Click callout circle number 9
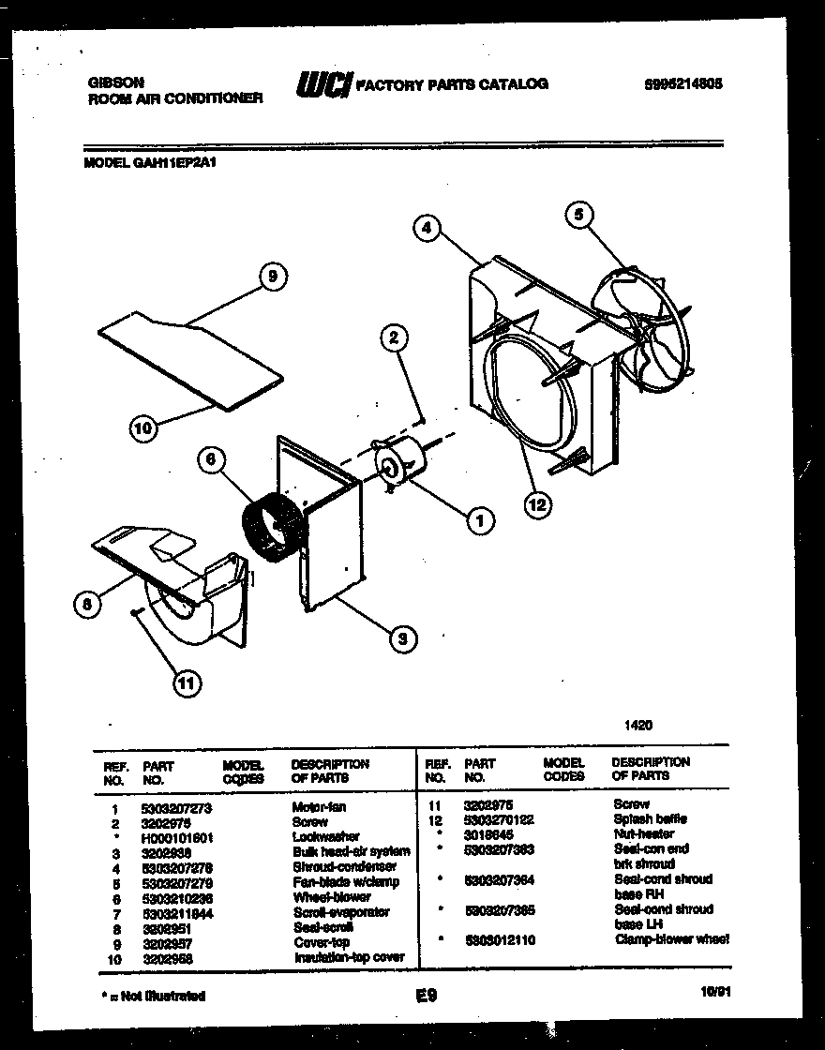(x=271, y=277)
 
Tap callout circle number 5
(x=578, y=215)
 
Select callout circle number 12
(x=536, y=505)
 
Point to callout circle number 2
(x=395, y=337)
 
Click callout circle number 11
(x=187, y=684)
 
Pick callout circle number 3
(x=402, y=639)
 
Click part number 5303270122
(x=499, y=819)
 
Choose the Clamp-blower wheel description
(x=671, y=939)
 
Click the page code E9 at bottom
(x=427, y=997)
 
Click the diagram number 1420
(x=638, y=725)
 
